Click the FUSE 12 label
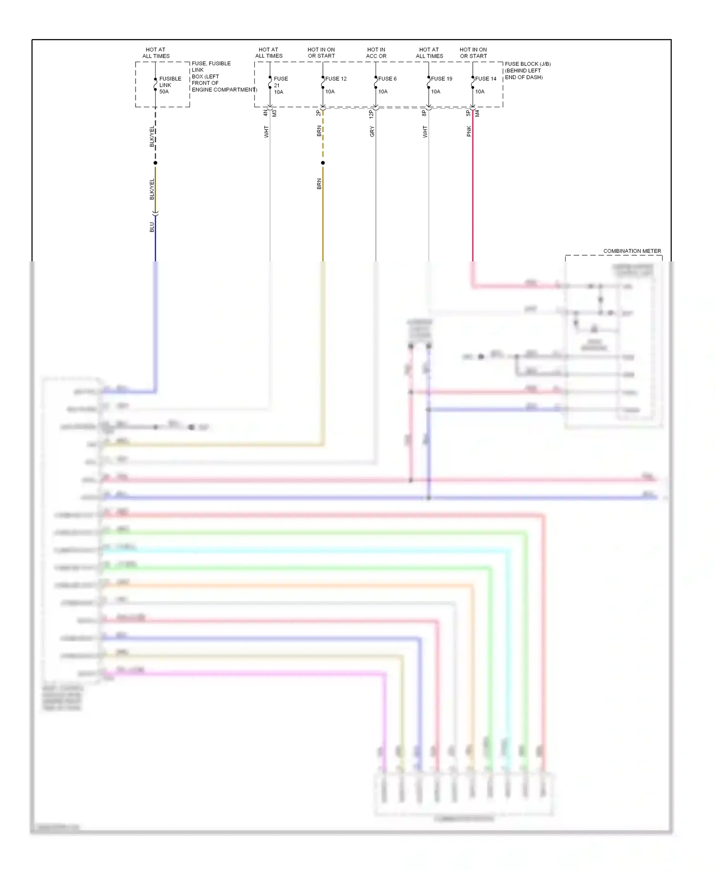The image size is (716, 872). tap(336, 79)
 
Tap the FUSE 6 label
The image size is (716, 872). tap(388, 79)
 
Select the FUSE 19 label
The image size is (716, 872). tap(442, 79)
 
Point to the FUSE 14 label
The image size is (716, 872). tap(486, 79)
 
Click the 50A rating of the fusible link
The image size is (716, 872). tap(164, 92)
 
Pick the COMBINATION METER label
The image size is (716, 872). tap(632, 251)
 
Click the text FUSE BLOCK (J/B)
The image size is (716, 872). tap(528, 64)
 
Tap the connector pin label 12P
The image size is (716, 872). tap(371, 114)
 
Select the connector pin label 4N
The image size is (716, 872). tap(265, 114)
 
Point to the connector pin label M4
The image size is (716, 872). tap(477, 114)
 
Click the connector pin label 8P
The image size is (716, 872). tap(424, 114)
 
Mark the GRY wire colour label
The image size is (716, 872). tap(372, 132)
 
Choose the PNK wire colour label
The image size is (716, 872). tap(469, 131)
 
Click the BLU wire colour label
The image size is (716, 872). tap(152, 227)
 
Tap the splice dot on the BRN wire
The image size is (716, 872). tap(323, 163)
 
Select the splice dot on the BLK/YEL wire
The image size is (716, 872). tap(156, 163)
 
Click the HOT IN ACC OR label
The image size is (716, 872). tap(376, 52)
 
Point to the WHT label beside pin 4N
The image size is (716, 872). tap(266, 132)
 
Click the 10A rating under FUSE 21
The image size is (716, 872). tap(279, 92)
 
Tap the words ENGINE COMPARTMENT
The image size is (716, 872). tap(224, 90)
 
